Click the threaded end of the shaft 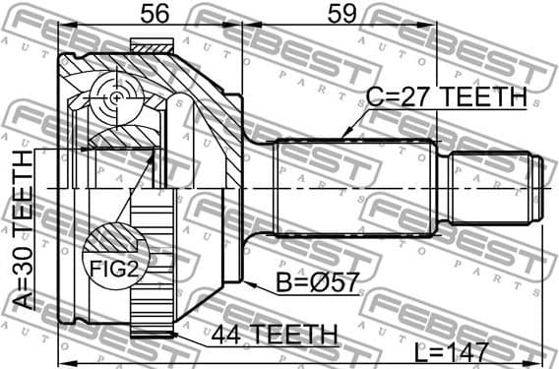(x=498, y=187)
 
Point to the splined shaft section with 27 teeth (x=354, y=187)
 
